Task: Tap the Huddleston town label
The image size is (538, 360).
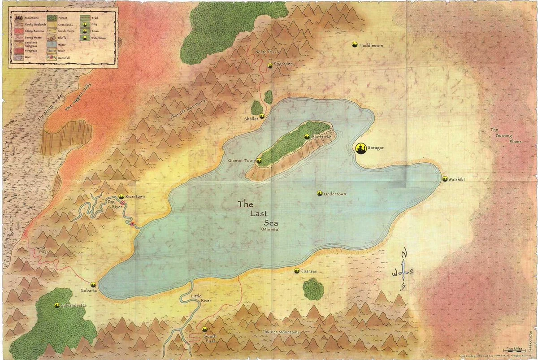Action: tap(371, 45)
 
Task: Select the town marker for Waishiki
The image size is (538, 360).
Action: tap(444, 179)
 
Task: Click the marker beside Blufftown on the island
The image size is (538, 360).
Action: tap(307, 137)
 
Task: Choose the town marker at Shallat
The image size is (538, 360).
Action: tap(262, 116)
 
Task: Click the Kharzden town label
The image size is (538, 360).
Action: tap(283, 64)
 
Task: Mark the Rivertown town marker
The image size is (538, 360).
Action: tap(121, 196)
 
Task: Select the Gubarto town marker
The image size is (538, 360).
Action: tap(93, 284)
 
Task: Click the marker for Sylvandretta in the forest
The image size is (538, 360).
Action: tap(57, 305)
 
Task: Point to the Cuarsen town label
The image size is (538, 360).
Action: tap(309, 271)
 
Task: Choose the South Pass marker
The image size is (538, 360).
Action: tap(205, 330)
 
